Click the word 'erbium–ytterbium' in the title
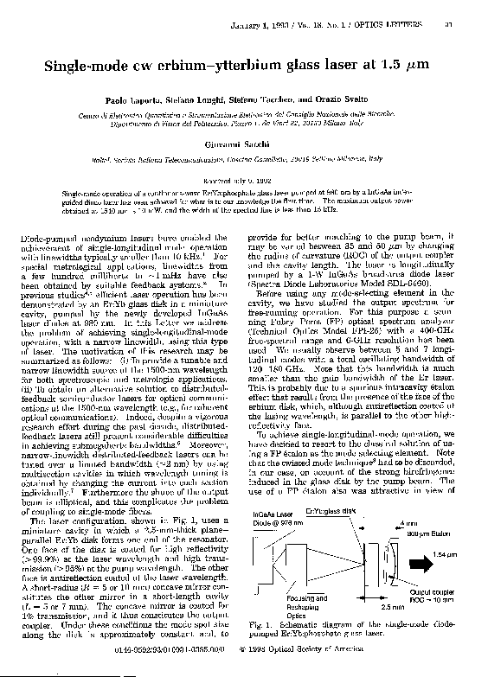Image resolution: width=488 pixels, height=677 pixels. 219,67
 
